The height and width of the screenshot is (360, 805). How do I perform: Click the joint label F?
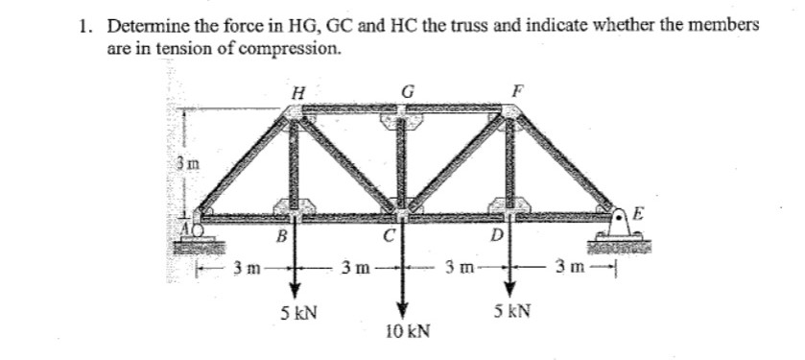(519, 92)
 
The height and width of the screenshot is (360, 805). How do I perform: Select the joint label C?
(389, 233)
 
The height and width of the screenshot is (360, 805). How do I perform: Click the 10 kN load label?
(407, 331)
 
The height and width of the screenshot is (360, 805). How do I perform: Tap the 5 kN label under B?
(299, 312)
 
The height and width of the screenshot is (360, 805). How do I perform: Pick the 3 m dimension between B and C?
(350, 265)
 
